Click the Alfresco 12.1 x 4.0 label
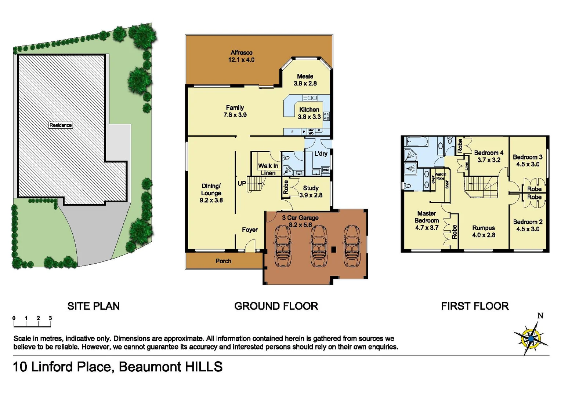click(x=241, y=56)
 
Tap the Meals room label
click(x=305, y=76)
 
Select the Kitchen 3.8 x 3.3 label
click(x=309, y=113)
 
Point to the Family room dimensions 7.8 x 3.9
click(x=235, y=115)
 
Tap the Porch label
click(x=223, y=261)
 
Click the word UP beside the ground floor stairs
click(x=242, y=183)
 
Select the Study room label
click(x=311, y=188)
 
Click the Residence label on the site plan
click(x=61, y=125)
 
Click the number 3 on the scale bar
click(x=50, y=318)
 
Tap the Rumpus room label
click(x=483, y=228)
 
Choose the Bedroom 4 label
click(x=488, y=153)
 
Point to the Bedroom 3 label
click(x=527, y=157)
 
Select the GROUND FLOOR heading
click(x=276, y=306)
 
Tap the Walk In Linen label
click(x=268, y=169)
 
